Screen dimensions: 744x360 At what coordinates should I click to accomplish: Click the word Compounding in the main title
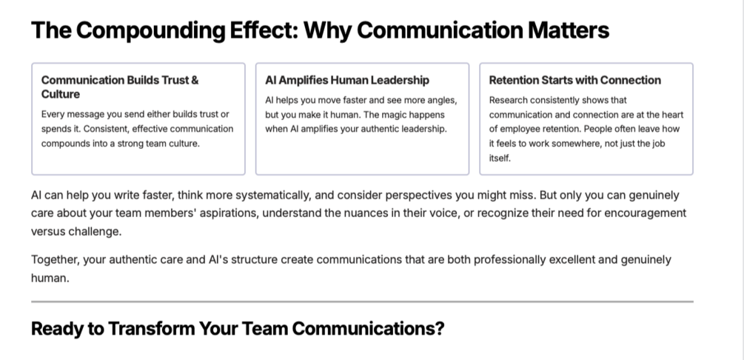(x=150, y=31)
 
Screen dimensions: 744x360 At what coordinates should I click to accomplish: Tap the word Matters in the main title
(x=569, y=30)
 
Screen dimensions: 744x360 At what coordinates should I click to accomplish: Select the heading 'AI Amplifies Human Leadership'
(x=347, y=80)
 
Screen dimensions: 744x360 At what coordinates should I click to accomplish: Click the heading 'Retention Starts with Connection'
(x=574, y=80)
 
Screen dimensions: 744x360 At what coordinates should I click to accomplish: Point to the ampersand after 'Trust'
(x=195, y=80)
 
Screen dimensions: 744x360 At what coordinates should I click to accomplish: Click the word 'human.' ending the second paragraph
(x=50, y=279)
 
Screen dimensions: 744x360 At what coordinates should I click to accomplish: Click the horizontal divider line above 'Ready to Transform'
(x=362, y=301)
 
